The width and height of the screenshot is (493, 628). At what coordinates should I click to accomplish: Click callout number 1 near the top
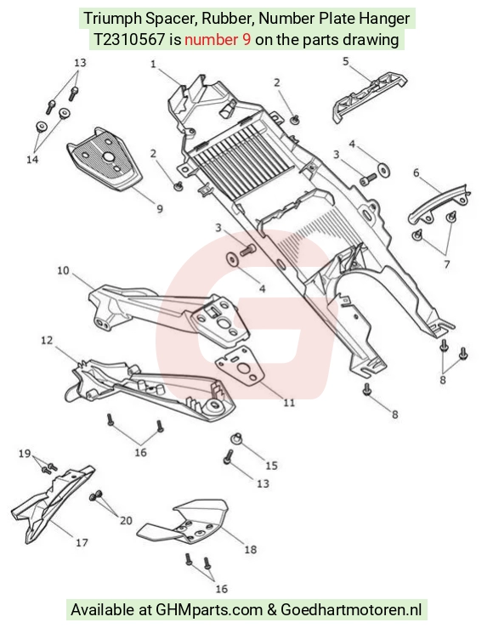pyautogui.click(x=153, y=64)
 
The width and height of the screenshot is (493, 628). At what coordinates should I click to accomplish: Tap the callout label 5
pyautogui.click(x=346, y=61)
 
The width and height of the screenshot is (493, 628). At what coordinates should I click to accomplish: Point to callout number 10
pyautogui.click(x=63, y=270)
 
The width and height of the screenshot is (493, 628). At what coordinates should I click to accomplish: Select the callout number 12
pyautogui.click(x=47, y=340)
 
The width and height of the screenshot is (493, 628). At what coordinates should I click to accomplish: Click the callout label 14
pyautogui.click(x=32, y=159)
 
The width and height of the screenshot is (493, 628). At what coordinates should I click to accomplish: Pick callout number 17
pyautogui.click(x=82, y=543)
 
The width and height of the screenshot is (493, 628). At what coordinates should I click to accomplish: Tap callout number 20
pyautogui.click(x=126, y=521)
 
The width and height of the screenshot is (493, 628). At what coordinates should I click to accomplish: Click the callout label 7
pyautogui.click(x=447, y=264)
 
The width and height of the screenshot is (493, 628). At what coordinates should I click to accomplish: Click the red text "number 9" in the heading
pyautogui.click(x=218, y=40)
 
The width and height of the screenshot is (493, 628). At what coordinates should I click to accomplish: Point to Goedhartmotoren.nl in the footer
pyautogui.click(x=351, y=610)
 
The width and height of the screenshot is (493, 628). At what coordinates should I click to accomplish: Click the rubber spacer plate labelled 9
pyautogui.click(x=105, y=160)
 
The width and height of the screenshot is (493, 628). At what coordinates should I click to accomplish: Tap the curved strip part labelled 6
pyautogui.click(x=438, y=206)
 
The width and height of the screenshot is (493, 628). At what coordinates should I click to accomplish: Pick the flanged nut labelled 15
pyautogui.click(x=236, y=438)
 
